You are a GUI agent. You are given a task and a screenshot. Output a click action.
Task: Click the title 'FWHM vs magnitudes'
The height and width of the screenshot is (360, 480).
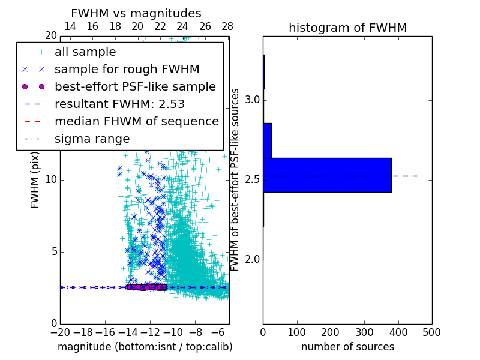(x=136, y=13)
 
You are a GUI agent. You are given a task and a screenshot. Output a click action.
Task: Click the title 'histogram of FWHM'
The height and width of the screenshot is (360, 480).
(x=347, y=28)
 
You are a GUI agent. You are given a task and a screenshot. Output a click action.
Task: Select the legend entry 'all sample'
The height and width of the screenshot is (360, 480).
(x=85, y=52)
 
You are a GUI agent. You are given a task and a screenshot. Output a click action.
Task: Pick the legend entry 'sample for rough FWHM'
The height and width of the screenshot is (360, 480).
(x=127, y=70)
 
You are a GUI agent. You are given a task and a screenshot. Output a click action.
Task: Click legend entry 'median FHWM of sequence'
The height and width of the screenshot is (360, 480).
(x=136, y=121)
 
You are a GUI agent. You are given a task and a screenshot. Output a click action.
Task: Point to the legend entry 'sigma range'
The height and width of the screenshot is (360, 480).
(x=92, y=139)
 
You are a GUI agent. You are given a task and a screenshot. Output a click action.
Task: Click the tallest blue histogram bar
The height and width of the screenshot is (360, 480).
(x=327, y=175)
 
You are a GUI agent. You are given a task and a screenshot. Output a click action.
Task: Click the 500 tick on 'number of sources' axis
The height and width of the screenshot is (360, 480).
(x=432, y=332)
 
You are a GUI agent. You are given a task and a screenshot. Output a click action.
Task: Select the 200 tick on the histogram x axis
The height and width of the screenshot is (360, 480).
(x=331, y=332)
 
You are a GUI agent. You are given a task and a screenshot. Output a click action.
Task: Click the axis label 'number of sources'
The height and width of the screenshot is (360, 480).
(x=347, y=347)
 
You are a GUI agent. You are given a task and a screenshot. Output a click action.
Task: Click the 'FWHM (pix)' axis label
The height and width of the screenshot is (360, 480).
(x=35, y=180)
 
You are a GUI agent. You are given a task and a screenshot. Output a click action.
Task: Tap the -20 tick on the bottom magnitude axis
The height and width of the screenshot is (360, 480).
(x=60, y=332)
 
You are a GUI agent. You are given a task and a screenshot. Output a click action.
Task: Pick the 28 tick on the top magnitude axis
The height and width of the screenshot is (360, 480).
(x=227, y=26)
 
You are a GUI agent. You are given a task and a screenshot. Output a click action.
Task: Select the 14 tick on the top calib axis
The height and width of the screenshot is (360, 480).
(x=70, y=26)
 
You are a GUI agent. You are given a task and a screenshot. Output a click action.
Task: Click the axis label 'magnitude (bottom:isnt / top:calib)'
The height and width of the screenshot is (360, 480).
(x=145, y=347)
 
